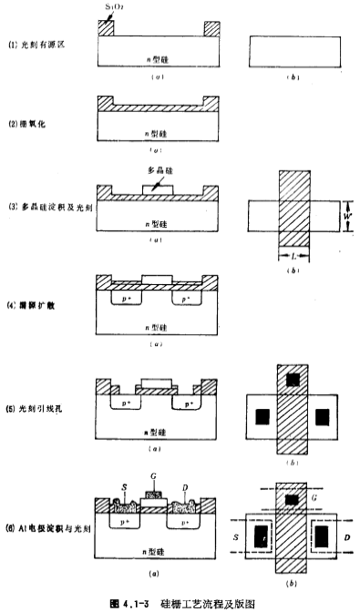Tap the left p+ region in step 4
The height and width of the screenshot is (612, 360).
pyautogui.click(x=125, y=298)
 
